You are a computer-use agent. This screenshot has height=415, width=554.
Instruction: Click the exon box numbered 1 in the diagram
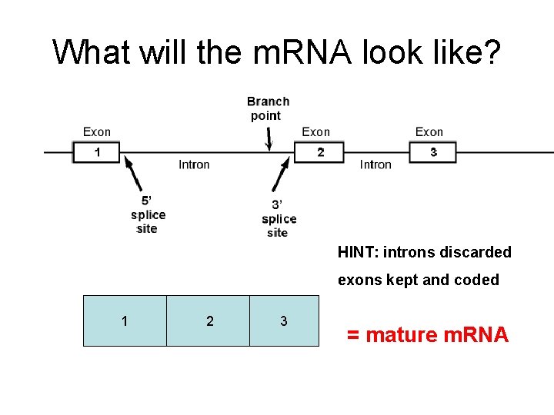click(x=97, y=152)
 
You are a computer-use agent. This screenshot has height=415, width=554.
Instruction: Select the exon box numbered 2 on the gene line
click(x=321, y=152)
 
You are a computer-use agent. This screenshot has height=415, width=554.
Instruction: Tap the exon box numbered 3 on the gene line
click(x=432, y=152)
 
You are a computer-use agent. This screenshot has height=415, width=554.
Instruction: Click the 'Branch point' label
click(x=268, y=108)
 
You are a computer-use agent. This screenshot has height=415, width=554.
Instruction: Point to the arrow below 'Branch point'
click(x=269, y=138)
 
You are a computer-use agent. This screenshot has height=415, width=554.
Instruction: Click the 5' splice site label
click(x=147, y=214)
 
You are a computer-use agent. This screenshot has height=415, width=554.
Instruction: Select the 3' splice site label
click(x=279, y=218)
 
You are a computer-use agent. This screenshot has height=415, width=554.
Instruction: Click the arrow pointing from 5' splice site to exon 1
click(x=133, y=174)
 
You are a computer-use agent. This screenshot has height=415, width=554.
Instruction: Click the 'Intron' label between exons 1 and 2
click(x=194, y=164)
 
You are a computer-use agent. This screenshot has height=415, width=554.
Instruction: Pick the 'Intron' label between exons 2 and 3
click(x=375, y=164)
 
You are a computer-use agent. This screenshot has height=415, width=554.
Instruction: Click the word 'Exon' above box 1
click(x=97, y=132)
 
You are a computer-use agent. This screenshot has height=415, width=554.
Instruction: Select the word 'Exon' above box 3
click(x=429, y=132)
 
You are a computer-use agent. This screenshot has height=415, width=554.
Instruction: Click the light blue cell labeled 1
click(x=125, y=320)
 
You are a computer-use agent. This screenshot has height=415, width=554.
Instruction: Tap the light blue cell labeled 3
click(x=284, y=320)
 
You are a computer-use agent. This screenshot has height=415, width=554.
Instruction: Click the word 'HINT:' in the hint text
click(x=355, y=252)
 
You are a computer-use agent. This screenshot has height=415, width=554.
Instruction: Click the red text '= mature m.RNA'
click(x=427, y=335)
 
